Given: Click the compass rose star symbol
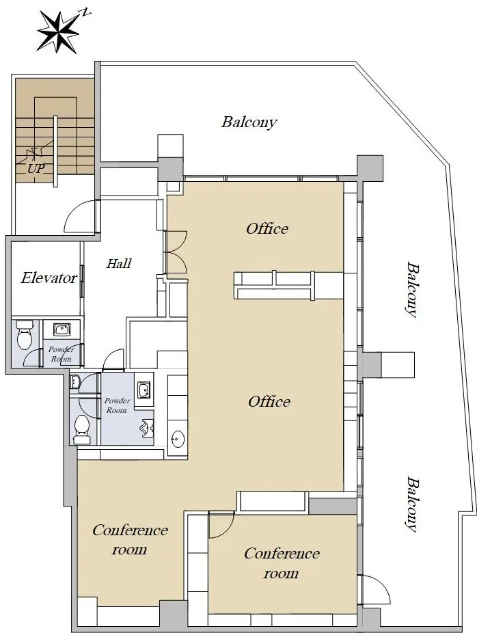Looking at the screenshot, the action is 57,32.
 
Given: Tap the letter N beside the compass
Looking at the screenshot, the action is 86,12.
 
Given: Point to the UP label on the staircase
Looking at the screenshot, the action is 36,168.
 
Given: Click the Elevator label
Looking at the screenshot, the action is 49,278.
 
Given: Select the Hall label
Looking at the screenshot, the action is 119,263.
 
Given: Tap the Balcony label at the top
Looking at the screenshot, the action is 249,122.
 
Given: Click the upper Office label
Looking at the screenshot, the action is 267,228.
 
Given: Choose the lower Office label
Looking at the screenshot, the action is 269,401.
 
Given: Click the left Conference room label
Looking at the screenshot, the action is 130,539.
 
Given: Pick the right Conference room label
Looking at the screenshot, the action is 282,563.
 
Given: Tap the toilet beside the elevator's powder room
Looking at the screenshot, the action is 24,335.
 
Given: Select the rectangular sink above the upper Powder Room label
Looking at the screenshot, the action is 62,329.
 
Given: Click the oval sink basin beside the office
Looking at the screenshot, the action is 178,437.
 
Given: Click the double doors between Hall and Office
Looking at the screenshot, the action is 176,252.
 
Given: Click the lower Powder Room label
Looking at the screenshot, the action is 117,405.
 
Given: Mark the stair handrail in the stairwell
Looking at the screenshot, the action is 55,151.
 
